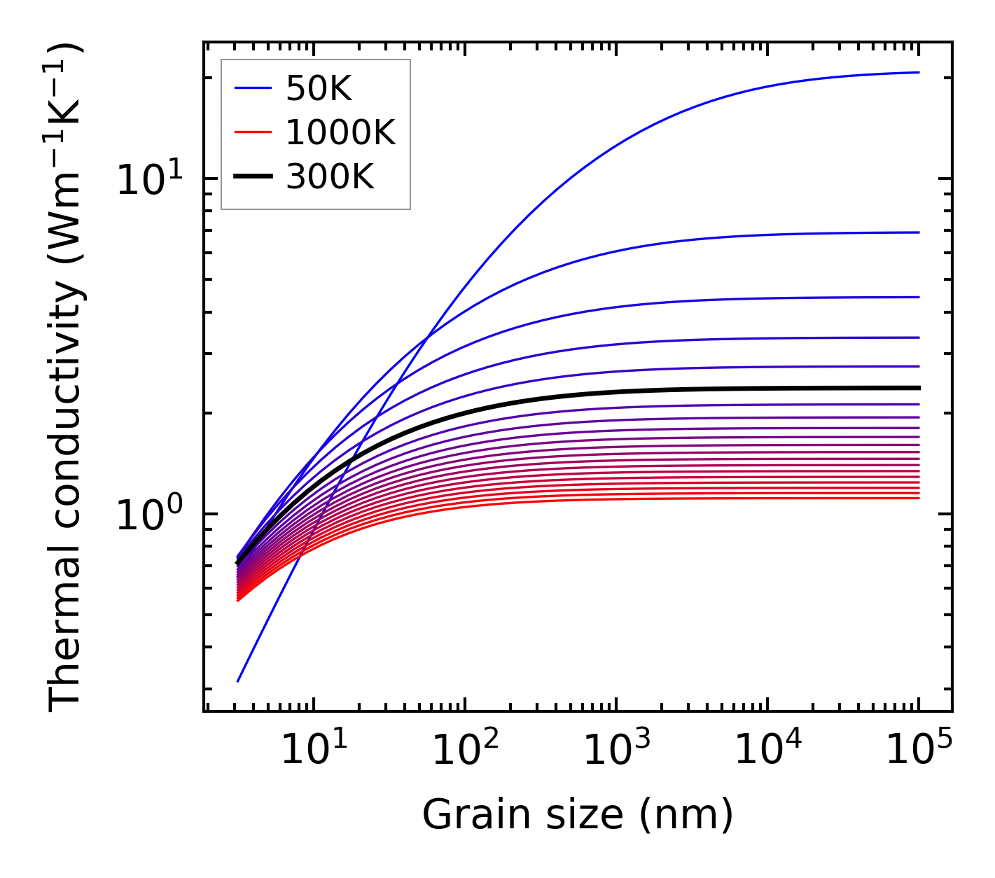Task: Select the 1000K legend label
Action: (340, 132)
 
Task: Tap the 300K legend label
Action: (330, 177)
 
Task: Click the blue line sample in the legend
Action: (252, 88)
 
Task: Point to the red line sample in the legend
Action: (252, 132)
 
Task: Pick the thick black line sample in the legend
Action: (252, 177)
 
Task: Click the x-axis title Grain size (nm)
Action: (578, 815)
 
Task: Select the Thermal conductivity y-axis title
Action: (66, 377)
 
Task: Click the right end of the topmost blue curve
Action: (918, 72)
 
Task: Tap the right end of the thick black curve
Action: (918, 387)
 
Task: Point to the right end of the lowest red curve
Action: (918, 498)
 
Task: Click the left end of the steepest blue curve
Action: (239, 681)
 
